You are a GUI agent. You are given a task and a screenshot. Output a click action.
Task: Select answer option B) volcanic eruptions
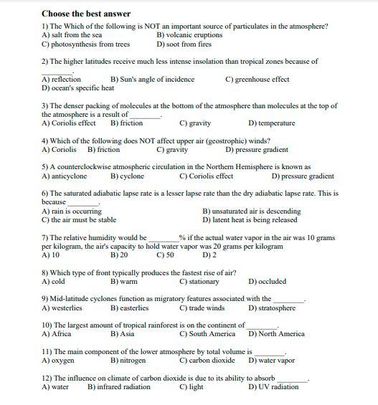(189, 35)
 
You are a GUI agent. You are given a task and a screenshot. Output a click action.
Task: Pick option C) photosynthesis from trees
(86, 44)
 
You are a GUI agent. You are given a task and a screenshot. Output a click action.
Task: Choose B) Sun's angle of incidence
(152, 79)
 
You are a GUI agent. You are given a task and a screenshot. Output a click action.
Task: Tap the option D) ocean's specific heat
(77, 88)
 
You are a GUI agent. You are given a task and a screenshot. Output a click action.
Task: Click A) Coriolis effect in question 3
(69, 123)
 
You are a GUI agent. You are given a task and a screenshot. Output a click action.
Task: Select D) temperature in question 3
(271, 123)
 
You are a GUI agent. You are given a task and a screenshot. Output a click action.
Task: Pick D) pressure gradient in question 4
(257, 150)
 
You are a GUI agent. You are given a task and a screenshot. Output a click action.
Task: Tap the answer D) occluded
(267, 282)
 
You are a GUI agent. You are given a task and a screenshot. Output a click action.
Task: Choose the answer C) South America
(207, 334)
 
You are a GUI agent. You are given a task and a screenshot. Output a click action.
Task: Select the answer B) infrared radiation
(119, 387)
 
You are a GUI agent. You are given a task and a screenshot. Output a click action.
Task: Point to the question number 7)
(45, 237)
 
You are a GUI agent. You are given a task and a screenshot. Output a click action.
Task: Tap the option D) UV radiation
(273, 387)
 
